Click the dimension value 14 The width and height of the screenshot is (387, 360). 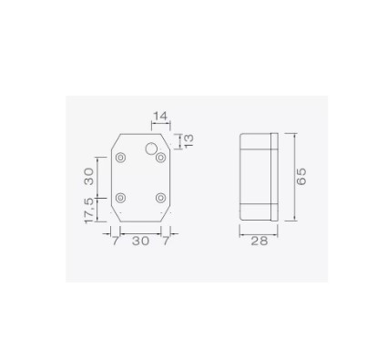[x=160, y=116]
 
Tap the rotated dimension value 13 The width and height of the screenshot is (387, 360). [x=188, y=140]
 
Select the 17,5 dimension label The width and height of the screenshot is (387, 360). [x=89, y=211]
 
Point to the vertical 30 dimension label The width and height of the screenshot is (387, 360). [x=89, y=177]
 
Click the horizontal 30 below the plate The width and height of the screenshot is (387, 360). [x=140, y=241]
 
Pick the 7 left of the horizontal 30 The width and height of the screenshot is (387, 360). [x=116, y=241]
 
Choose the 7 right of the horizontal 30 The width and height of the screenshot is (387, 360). [x=166, y=241]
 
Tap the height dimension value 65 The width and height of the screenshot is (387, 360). [x=301, y=177]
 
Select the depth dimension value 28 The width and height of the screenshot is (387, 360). [x=260, y=241]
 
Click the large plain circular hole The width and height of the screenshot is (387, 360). [x=151, y=149]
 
